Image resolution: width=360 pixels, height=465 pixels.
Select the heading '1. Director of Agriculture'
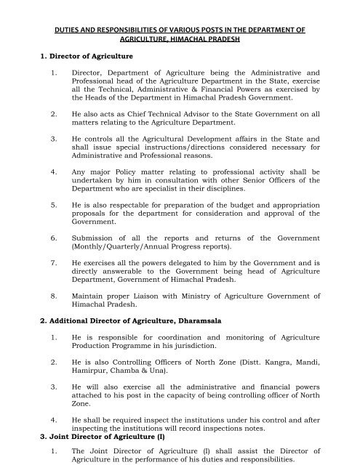point(81,54)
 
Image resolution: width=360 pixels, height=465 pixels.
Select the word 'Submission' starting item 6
point(92,238)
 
